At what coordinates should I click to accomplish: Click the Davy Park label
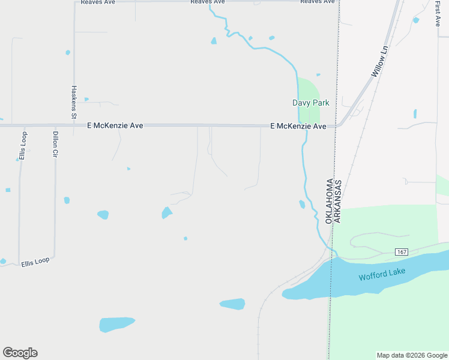tap(311, 103)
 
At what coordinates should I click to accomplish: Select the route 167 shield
tap(402, 252)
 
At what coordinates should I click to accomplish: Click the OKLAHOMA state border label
tap(329, 202)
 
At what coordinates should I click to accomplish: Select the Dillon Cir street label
tap(55, 144)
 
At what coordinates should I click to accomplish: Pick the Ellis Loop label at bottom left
tap(35, 262)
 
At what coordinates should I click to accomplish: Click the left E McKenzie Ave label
tap(115, 126)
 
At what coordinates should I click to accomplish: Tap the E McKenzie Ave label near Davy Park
tap(298, 126)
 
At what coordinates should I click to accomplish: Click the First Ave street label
tap(438, 13)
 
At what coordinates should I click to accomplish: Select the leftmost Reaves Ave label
tap(98, 2)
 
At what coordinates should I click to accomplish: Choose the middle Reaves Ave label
tap(207, 2)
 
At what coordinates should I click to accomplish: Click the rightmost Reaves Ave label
tap(317, 2)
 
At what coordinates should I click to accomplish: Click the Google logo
tap(20, 353)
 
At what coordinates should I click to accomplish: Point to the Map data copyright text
tap(412, 355)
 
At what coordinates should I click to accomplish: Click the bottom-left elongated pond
tap(117, 324)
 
